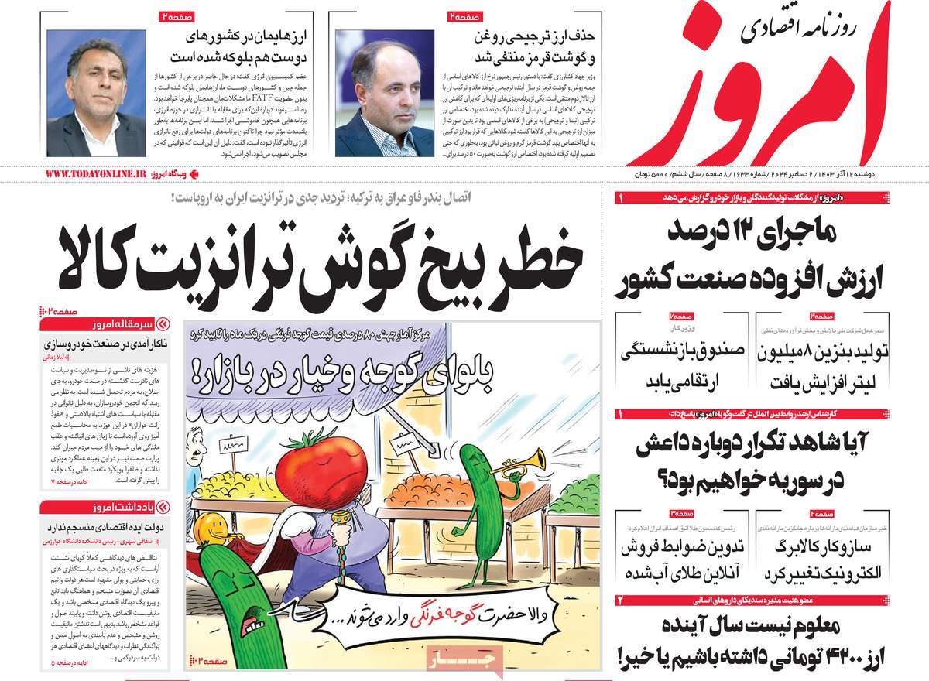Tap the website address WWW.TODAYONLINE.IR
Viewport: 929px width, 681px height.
pyautogui.click(x=95, y=175)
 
